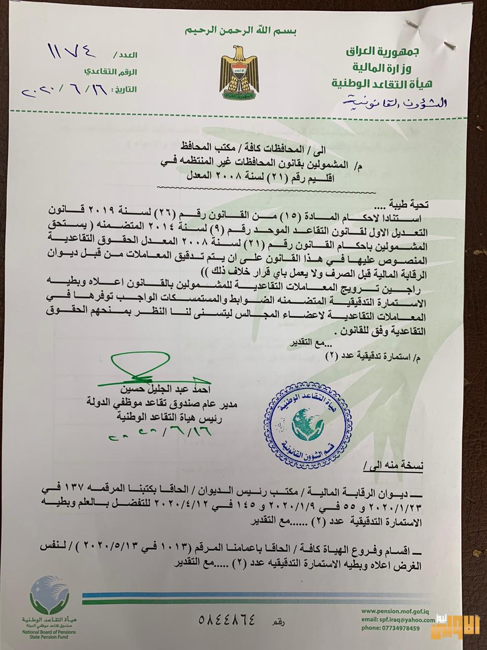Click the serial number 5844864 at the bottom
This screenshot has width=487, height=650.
tap(228, 620)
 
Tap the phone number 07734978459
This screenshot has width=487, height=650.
tap(398, 629)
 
